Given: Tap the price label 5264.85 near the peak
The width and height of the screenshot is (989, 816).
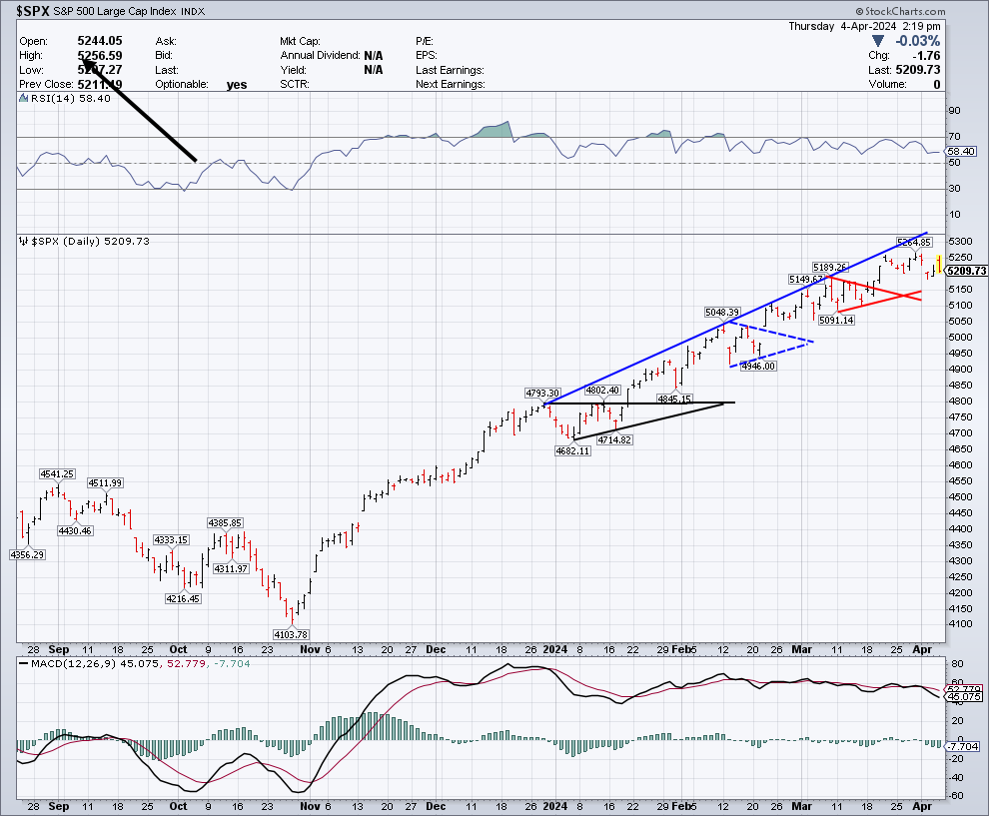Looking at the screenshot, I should coord(913,242).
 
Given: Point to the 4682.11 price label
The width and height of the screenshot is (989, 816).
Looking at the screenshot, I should coord(573,451).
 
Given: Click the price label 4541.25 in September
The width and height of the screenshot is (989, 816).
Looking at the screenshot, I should coord(58,473).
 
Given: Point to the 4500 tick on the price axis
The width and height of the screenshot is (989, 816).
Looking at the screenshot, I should coord(959,496).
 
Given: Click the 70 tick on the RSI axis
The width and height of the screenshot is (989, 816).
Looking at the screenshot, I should coord(953,137).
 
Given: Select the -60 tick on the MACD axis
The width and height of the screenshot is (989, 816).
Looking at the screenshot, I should coord(955,795).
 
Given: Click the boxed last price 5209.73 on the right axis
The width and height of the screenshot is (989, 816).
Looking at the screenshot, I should coord(966,271).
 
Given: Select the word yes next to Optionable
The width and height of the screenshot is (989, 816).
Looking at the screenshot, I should coord(237,85).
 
